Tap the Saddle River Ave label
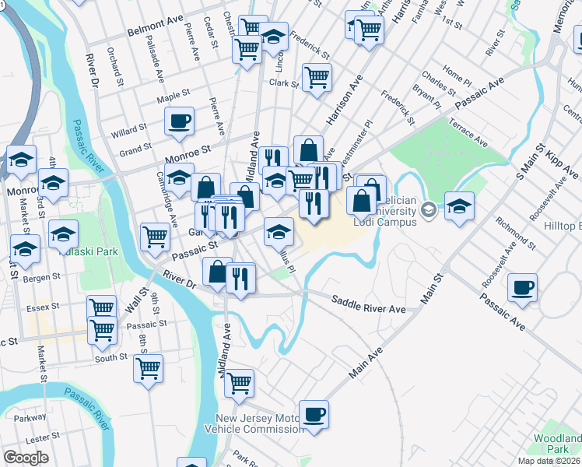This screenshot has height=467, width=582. [x=368, y=304]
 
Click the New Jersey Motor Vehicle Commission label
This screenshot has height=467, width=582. [x=258, y=423]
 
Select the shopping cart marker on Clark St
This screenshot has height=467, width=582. [x=317, y=77]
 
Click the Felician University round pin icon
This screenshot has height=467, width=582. [x=428, y=210]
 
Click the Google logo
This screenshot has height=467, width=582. [x=26, y=457]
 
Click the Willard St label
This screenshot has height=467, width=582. [x=129, y=128]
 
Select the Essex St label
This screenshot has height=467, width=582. [x=43, y=308]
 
